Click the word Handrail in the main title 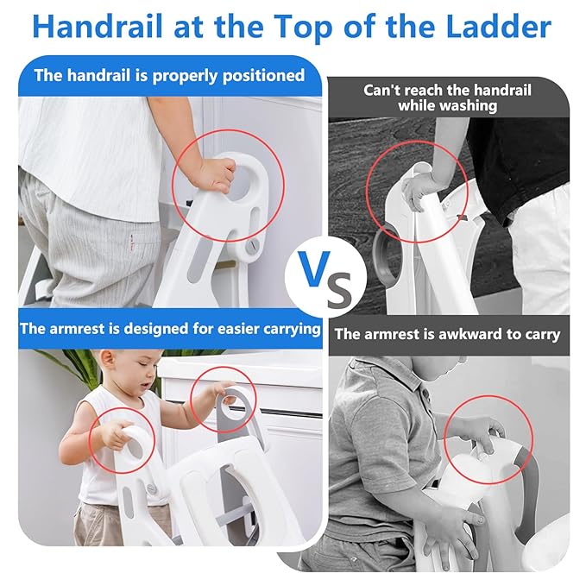click(98, 27)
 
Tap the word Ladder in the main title click(499, 27)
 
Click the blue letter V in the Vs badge click(315, 268)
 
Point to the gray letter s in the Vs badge click(339, 288)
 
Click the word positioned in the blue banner click(263, 76)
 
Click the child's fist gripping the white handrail click(216, 174)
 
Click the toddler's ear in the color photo click(106, 360)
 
